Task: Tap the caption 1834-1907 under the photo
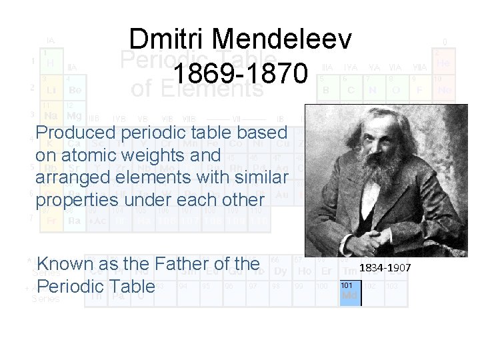(x=386, y=267)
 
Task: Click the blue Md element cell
(x=349, y=291)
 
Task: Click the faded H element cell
(x=51, y=61)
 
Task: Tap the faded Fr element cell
(x=51, y=219)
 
